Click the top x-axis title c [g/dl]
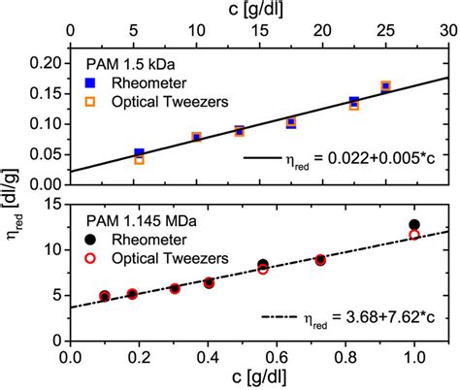[x=257, y=11]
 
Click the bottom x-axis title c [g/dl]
[x=256, y=377]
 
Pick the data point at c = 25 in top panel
[x=385, y=86]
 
